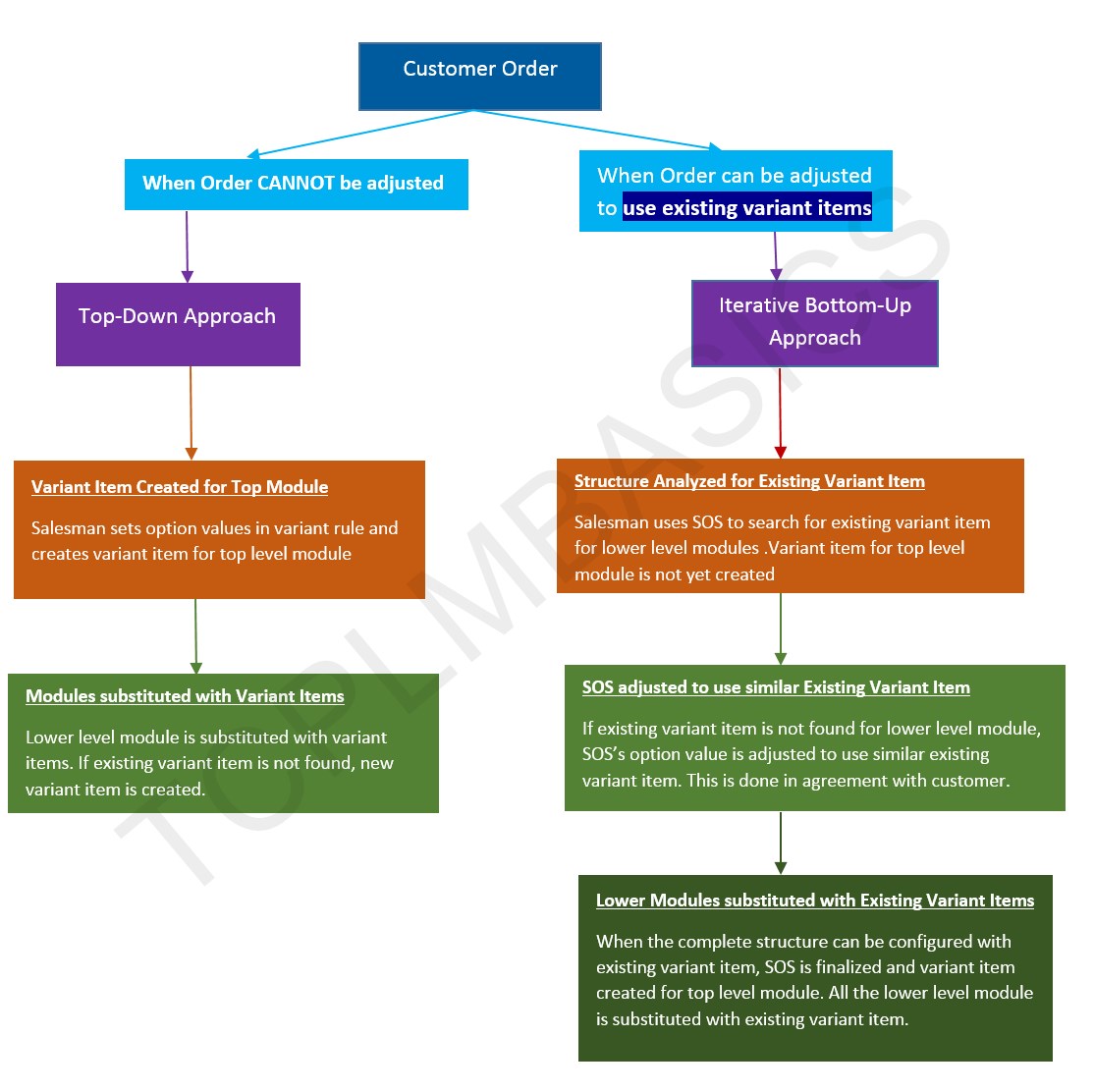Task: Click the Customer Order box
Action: [479, 76]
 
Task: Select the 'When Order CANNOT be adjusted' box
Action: [296, 185]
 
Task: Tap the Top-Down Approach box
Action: [178, 324]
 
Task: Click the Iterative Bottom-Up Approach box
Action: [814, 323]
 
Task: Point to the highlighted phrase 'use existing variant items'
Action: [746, 208]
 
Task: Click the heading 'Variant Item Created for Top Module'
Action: [180, 487]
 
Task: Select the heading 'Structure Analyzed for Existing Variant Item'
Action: [749, 481]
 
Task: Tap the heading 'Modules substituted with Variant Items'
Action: [185, 696]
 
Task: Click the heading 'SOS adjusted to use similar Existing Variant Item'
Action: [776, 687]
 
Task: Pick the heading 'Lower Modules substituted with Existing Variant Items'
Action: [815, 901]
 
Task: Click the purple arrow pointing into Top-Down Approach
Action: [187, 246]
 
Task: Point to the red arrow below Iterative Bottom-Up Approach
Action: [780, 412]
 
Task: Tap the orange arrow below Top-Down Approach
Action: [191, 412]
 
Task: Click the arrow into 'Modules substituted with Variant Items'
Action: [196, 635]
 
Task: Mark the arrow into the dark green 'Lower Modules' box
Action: [781, 843]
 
